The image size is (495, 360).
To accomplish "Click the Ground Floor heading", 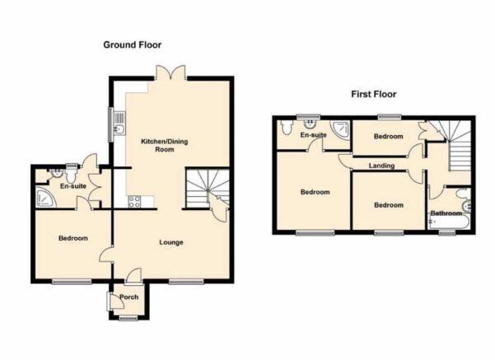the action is tap(133, 44).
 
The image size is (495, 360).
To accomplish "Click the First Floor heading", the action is tap(373, 94).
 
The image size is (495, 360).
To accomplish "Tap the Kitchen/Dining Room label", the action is tap(164, 145).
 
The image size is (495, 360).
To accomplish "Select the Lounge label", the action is tap(171, 242).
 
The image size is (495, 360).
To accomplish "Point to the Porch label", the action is tap(128, 297).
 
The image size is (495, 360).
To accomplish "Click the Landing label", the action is tap(381, 166).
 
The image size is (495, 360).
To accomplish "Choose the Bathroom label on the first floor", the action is tap(446, 213).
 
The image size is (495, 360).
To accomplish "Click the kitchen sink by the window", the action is tap(120, 124).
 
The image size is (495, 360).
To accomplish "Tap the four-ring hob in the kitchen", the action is tap(134, 202).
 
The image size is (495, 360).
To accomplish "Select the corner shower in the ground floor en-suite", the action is tap(44, 198).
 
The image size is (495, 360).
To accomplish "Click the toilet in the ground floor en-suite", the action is tap(71, 175).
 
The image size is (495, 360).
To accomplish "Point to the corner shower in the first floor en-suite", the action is tap(341, 130).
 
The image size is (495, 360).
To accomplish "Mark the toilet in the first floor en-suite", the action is tap(287, 127).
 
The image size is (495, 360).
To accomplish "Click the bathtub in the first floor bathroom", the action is tap(449, 221).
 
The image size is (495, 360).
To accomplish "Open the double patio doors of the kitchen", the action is tap(170, 72).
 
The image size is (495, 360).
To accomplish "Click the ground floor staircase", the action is tap(207, 189).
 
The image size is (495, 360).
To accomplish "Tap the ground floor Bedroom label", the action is tap(73, 238).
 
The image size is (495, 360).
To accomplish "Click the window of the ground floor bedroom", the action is tap(72, 282).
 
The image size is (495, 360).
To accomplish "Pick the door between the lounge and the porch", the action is tap(133, 274).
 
